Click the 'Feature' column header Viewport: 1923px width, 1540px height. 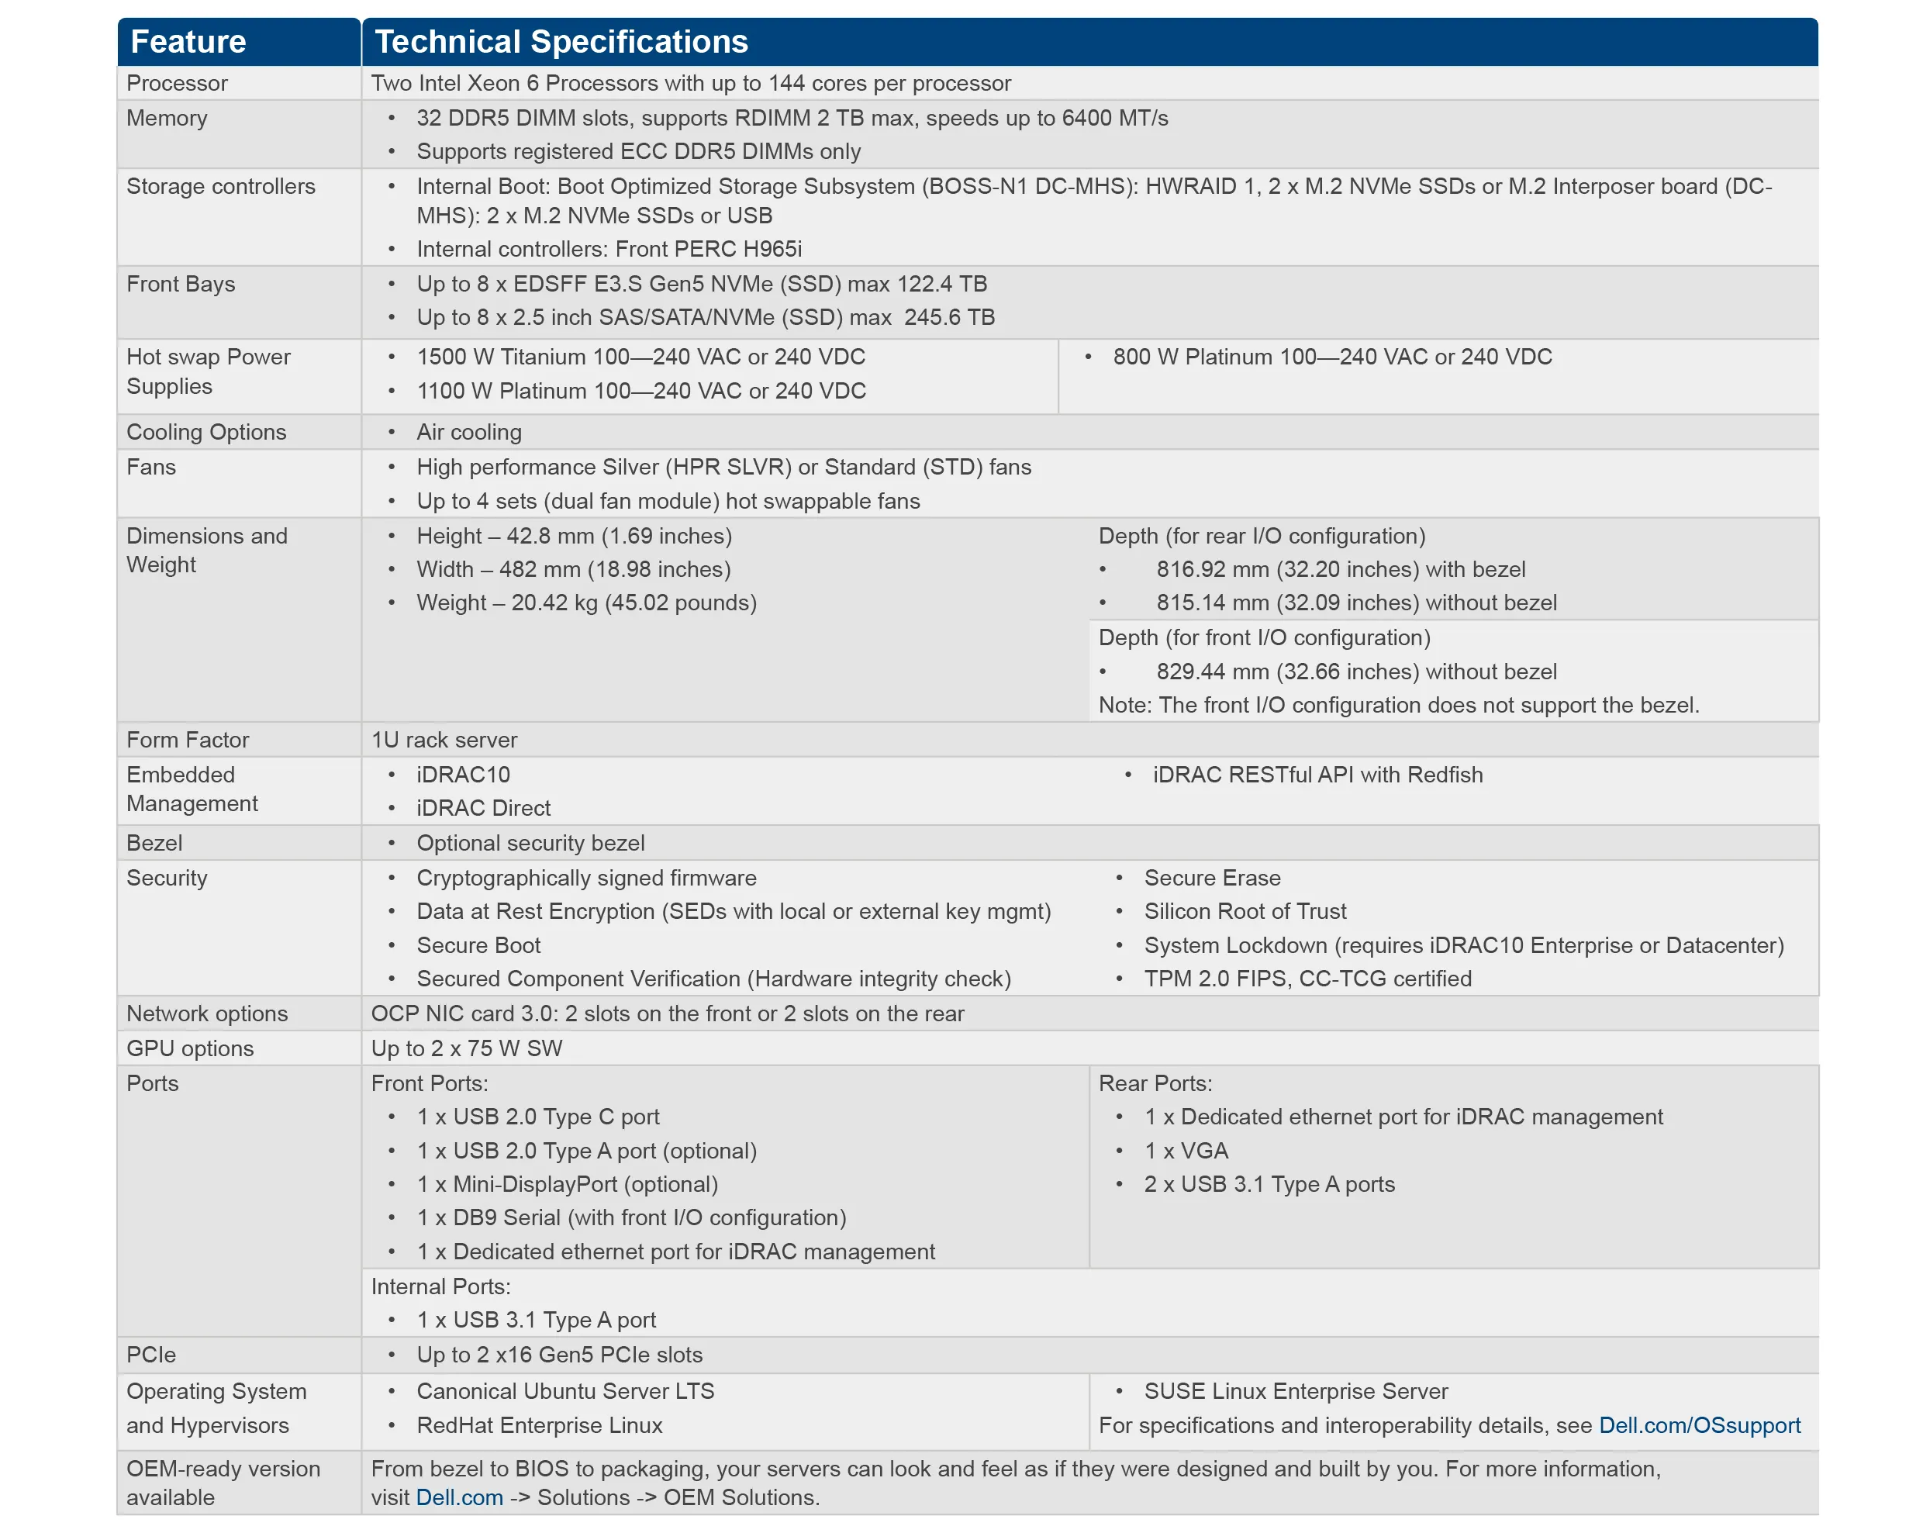(x=188, y=42)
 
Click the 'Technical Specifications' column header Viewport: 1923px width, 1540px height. (x=561, y=42)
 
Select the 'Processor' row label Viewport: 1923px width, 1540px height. (x=177, y=83)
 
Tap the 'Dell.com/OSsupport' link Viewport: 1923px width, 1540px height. (x=1699, y=1425)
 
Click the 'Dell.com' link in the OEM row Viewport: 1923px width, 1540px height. (x=459, y=1497)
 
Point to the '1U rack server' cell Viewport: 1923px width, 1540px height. (x=444, y=739)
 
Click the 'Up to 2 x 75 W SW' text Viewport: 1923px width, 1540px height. (x=467, y=1048)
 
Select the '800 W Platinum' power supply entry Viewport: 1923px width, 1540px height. (x=1331, y=357)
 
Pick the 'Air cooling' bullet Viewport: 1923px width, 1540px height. (x=469, y=432)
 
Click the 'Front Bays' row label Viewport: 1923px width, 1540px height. (x=181, y=284)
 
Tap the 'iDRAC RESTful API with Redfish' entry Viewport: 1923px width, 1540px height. (x=1317, y=774)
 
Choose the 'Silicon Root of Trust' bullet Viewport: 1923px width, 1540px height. (x=1245, y=910)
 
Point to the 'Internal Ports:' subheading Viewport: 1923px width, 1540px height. (x=440, y=1286)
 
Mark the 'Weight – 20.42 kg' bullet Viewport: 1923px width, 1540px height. (x=586, y=603)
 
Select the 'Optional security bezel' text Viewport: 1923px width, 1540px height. (x=530, y=843)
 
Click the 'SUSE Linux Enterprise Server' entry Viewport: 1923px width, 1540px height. (x=1295, y=1391)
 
